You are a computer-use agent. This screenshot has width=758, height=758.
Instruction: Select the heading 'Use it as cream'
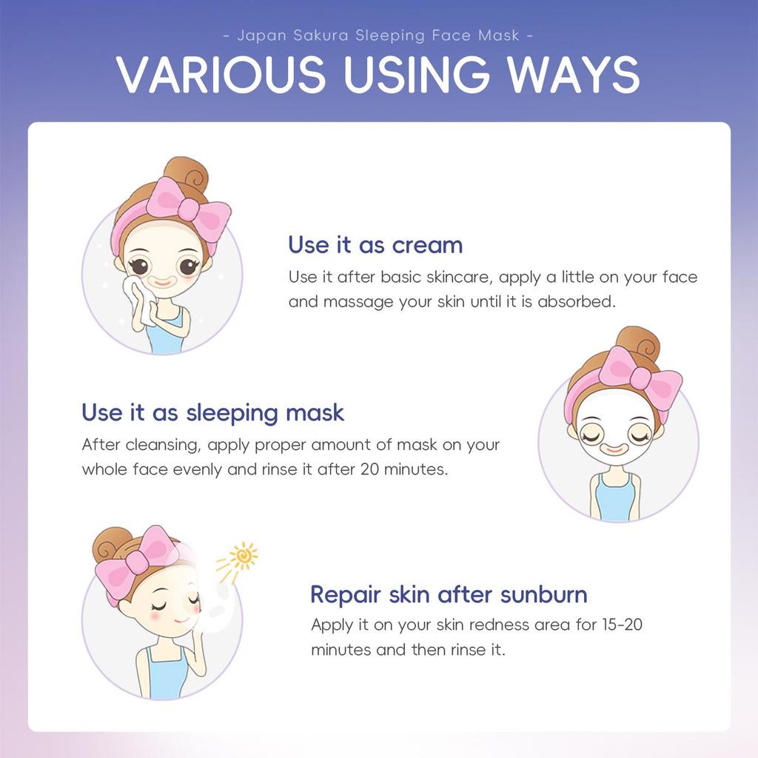[x=375, y=244]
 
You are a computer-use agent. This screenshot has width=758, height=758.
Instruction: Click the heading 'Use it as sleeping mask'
[x=213, y=412]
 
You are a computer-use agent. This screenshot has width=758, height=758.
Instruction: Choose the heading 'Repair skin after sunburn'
[x=449, y=594]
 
